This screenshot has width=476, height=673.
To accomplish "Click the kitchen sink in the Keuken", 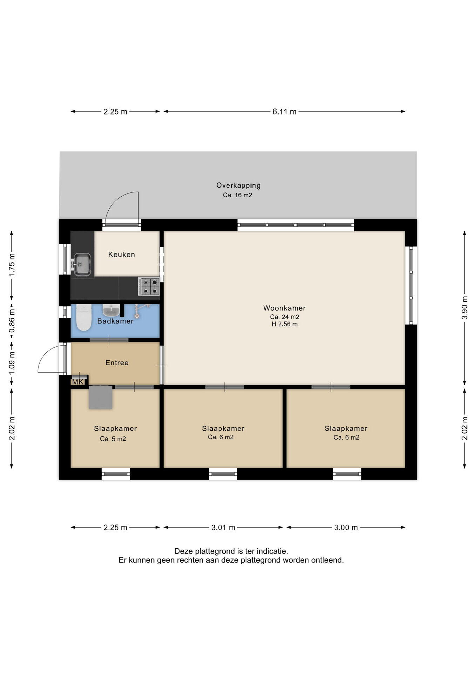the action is click(x=82, y=264).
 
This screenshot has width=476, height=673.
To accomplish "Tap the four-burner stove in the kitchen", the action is click(x=149, y=286).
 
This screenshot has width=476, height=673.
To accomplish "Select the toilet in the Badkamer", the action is click(x=83, y=317).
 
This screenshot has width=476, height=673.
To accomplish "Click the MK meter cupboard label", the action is click(x=78, y=382).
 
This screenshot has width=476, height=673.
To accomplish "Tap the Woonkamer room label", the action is click(x=284, y=308).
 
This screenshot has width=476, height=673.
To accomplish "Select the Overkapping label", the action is click(x=238, y=185).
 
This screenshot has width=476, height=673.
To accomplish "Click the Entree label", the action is click(x=117, y=363).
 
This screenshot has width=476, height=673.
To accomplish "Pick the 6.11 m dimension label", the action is click(x=284, y=112).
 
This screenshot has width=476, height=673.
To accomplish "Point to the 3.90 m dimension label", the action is click(x=465, y=308).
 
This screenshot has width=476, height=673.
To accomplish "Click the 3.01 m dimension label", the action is click(x=223, y=528).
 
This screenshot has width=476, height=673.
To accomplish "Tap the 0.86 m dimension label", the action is click(x=12, y=321).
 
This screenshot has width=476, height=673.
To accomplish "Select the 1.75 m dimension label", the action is click(x=12, y=265).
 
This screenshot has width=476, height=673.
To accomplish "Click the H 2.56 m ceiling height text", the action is click(x=285, y=324).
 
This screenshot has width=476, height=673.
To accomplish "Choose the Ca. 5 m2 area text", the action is click(x=113, y=439).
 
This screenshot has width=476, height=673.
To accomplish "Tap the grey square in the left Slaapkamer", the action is click(x=101, y=397).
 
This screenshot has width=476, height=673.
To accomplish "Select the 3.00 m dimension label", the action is click(x=346, y=528).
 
